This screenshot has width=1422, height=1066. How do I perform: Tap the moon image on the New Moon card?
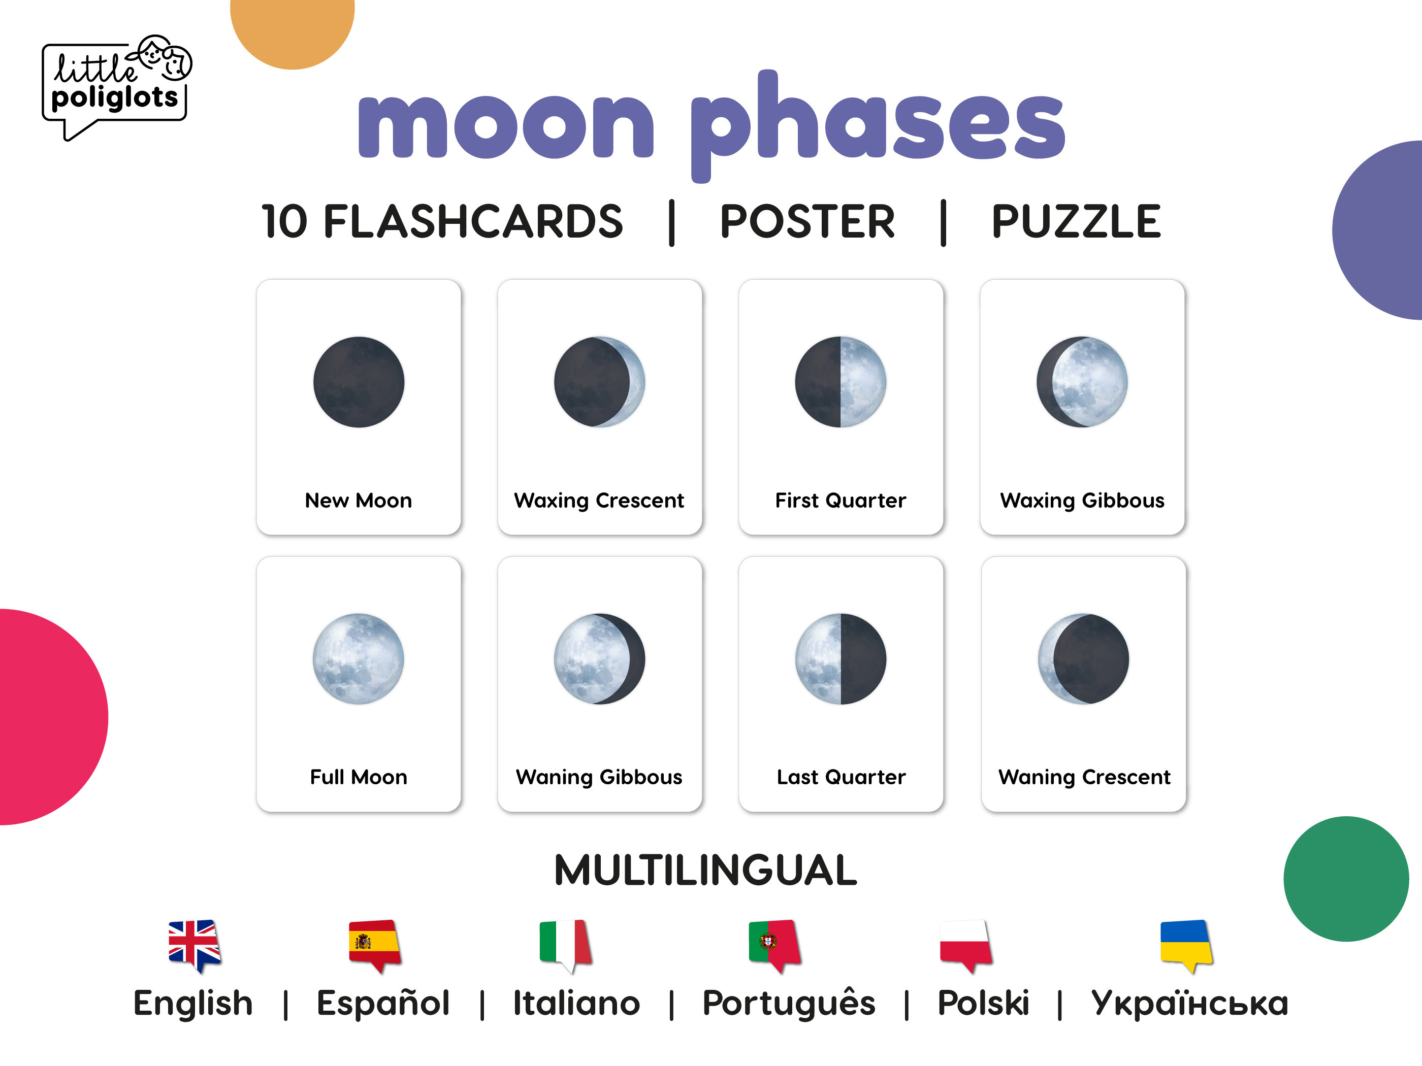(x=359, y=382)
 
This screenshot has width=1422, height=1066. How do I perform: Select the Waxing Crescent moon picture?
(x=599, y=382)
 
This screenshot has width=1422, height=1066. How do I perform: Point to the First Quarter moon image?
(x=840, y=382)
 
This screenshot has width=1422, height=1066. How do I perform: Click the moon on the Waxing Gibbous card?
(x=1082, y=382)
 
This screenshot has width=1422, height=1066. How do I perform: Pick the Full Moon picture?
(x=359, y=658)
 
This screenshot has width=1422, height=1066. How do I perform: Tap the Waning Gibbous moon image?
(x=599, y=658)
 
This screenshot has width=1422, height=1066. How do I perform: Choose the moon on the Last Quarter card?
(x=840, y=658)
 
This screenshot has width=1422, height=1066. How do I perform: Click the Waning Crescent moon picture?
(x=1083, y=658)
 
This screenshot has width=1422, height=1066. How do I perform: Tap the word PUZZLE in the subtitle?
(x=1076, y=222)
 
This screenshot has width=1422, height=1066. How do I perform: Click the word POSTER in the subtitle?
(x=807, y=222)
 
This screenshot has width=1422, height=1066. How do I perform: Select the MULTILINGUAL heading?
(x=705, y=871)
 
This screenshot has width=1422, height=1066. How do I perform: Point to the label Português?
(x=789, y=1003)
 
